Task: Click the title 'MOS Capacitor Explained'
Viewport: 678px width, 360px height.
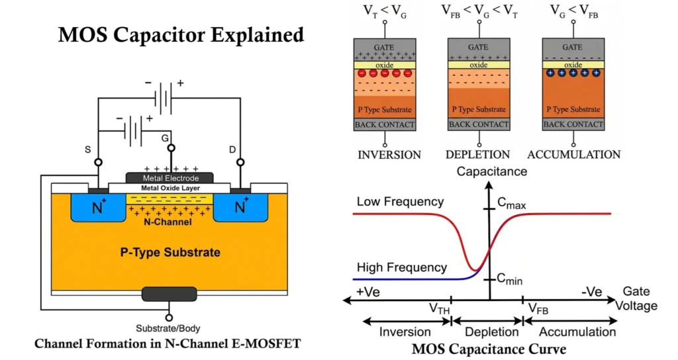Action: point(181,34)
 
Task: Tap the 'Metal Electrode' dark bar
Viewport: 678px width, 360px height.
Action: point(169,178)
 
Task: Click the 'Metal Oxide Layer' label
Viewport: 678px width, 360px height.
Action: point(169,189)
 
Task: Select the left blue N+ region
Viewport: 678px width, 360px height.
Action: point(98,208)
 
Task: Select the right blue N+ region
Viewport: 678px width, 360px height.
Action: point(240,208)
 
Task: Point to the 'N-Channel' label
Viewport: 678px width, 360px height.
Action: point(169,222)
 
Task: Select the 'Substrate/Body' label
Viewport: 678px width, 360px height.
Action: point(168,328)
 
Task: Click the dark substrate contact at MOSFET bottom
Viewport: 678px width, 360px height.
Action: point(169,294)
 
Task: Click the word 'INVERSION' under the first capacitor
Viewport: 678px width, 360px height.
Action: point(389,155)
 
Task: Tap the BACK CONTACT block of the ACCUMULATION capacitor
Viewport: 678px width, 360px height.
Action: point(573,124)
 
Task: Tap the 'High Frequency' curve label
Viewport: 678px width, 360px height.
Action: point(401,267)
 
